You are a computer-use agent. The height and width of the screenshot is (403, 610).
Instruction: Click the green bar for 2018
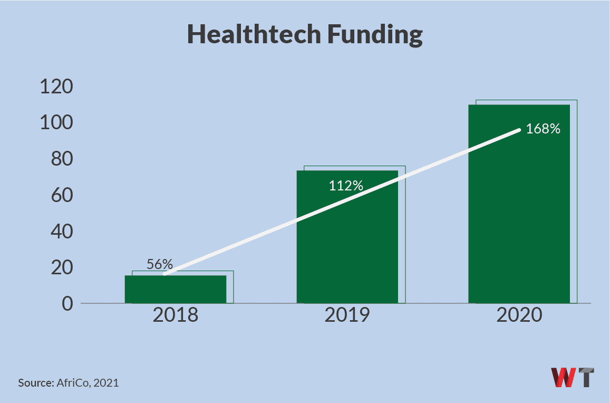coord(176,290)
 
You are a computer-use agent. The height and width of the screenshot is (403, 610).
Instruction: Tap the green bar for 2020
coord(519,211)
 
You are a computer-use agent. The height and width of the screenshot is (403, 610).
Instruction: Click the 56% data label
coord(160,265)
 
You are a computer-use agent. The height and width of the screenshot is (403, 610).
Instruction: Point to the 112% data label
coord(346,186)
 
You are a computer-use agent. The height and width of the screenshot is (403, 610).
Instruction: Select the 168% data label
coord(543,129)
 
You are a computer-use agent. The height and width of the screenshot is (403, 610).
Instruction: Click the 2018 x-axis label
coord(176,315)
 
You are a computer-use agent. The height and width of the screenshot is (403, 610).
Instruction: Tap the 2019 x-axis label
coord(347,315)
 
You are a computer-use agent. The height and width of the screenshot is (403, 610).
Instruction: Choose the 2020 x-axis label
coord(519,315)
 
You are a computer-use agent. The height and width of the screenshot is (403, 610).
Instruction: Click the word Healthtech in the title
coord(253,35)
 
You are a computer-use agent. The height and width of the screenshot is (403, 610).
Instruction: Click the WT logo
coord(573,378)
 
